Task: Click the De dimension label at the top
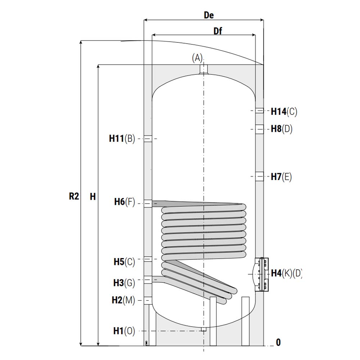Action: pyautogui.click(x=209, y=15)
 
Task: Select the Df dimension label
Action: pyautogui.click(x=218, y=31)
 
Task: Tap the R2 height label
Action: pyautogui.click(x=74, y=196)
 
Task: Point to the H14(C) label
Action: pyautogui.click(x=284, y=112)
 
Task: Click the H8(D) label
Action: pyautogui.click(x=282, y=129)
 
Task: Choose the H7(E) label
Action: pyautogui.click(x=281, y=177)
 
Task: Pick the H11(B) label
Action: pyautogui.click(x=122, y=139)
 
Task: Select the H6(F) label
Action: pyautogui.click(x=125, y=202)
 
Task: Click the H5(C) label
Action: pyautogui.click(x=124, y=262)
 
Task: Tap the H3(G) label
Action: pyautogui.click(x=124, y=283)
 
